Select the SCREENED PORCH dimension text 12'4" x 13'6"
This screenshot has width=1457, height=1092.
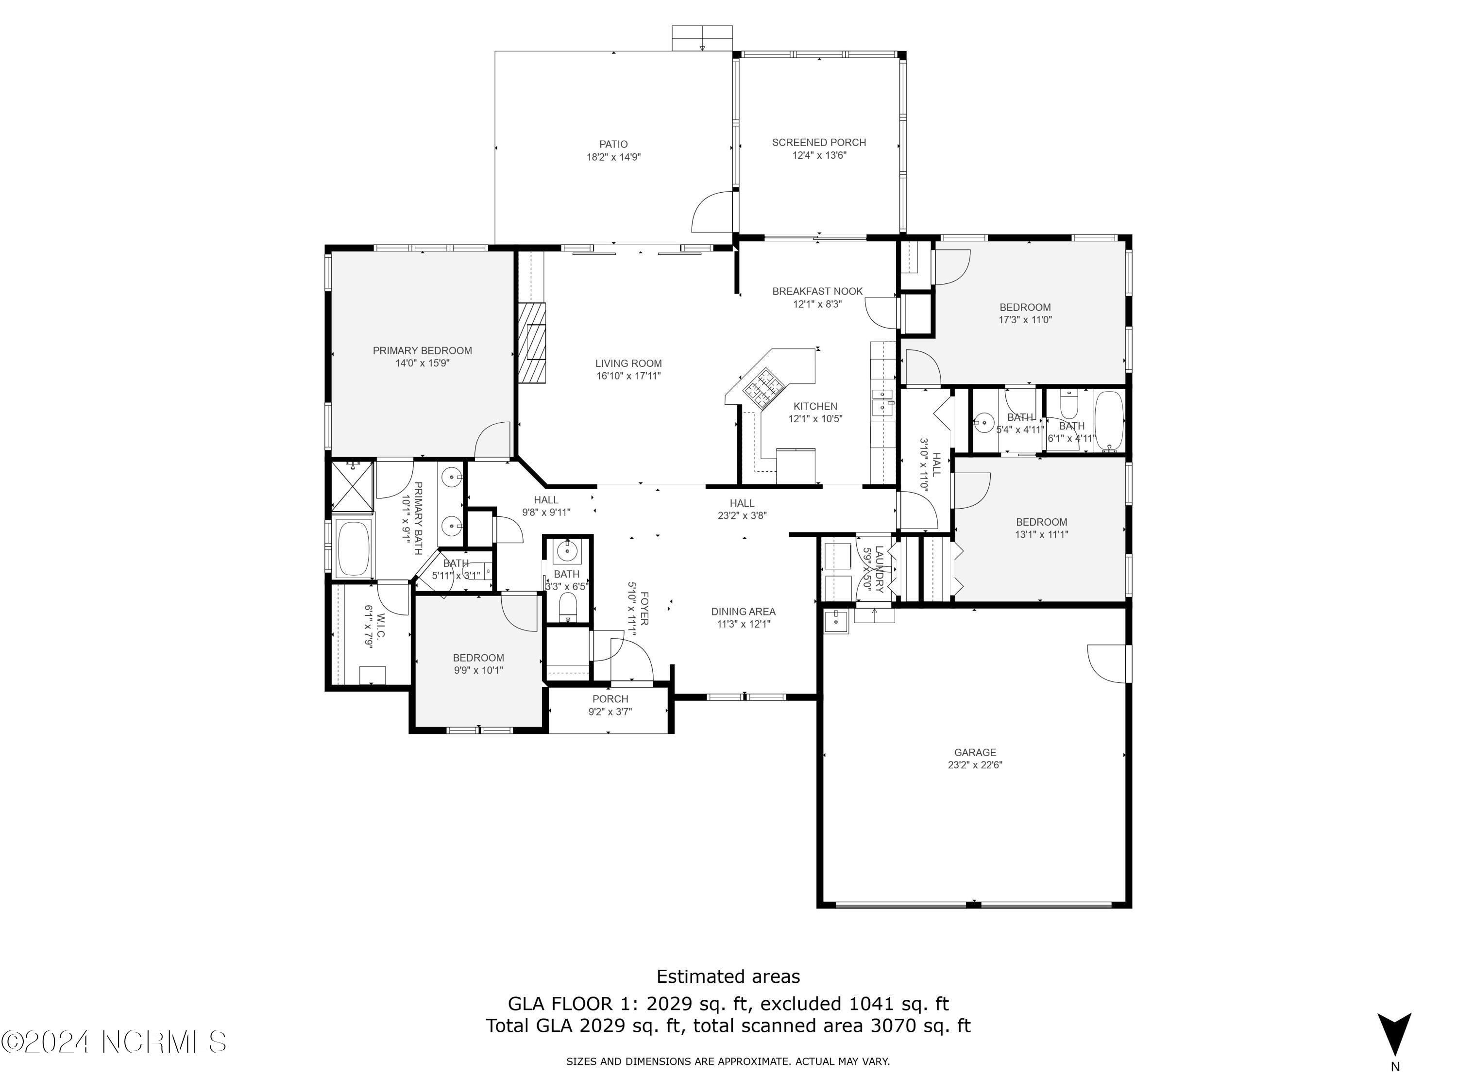[x=819, y=155]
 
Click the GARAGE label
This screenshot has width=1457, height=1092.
[x=975, y=752]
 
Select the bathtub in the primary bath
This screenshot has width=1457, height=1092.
[x=354, y=547]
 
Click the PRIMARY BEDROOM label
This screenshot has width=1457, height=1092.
[x=422, y=351]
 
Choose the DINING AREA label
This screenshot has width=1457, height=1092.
[x=743, y=612]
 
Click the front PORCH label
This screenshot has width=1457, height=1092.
[x=610, y=699]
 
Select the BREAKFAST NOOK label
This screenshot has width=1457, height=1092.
[x=817, y=291]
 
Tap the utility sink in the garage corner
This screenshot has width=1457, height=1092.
[x=836, y=621]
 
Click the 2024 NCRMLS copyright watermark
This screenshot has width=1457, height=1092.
[x=113, y=1042]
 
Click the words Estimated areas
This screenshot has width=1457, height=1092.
[x=728, y=976]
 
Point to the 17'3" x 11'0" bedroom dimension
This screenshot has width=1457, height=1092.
[x=1025, y=320]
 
